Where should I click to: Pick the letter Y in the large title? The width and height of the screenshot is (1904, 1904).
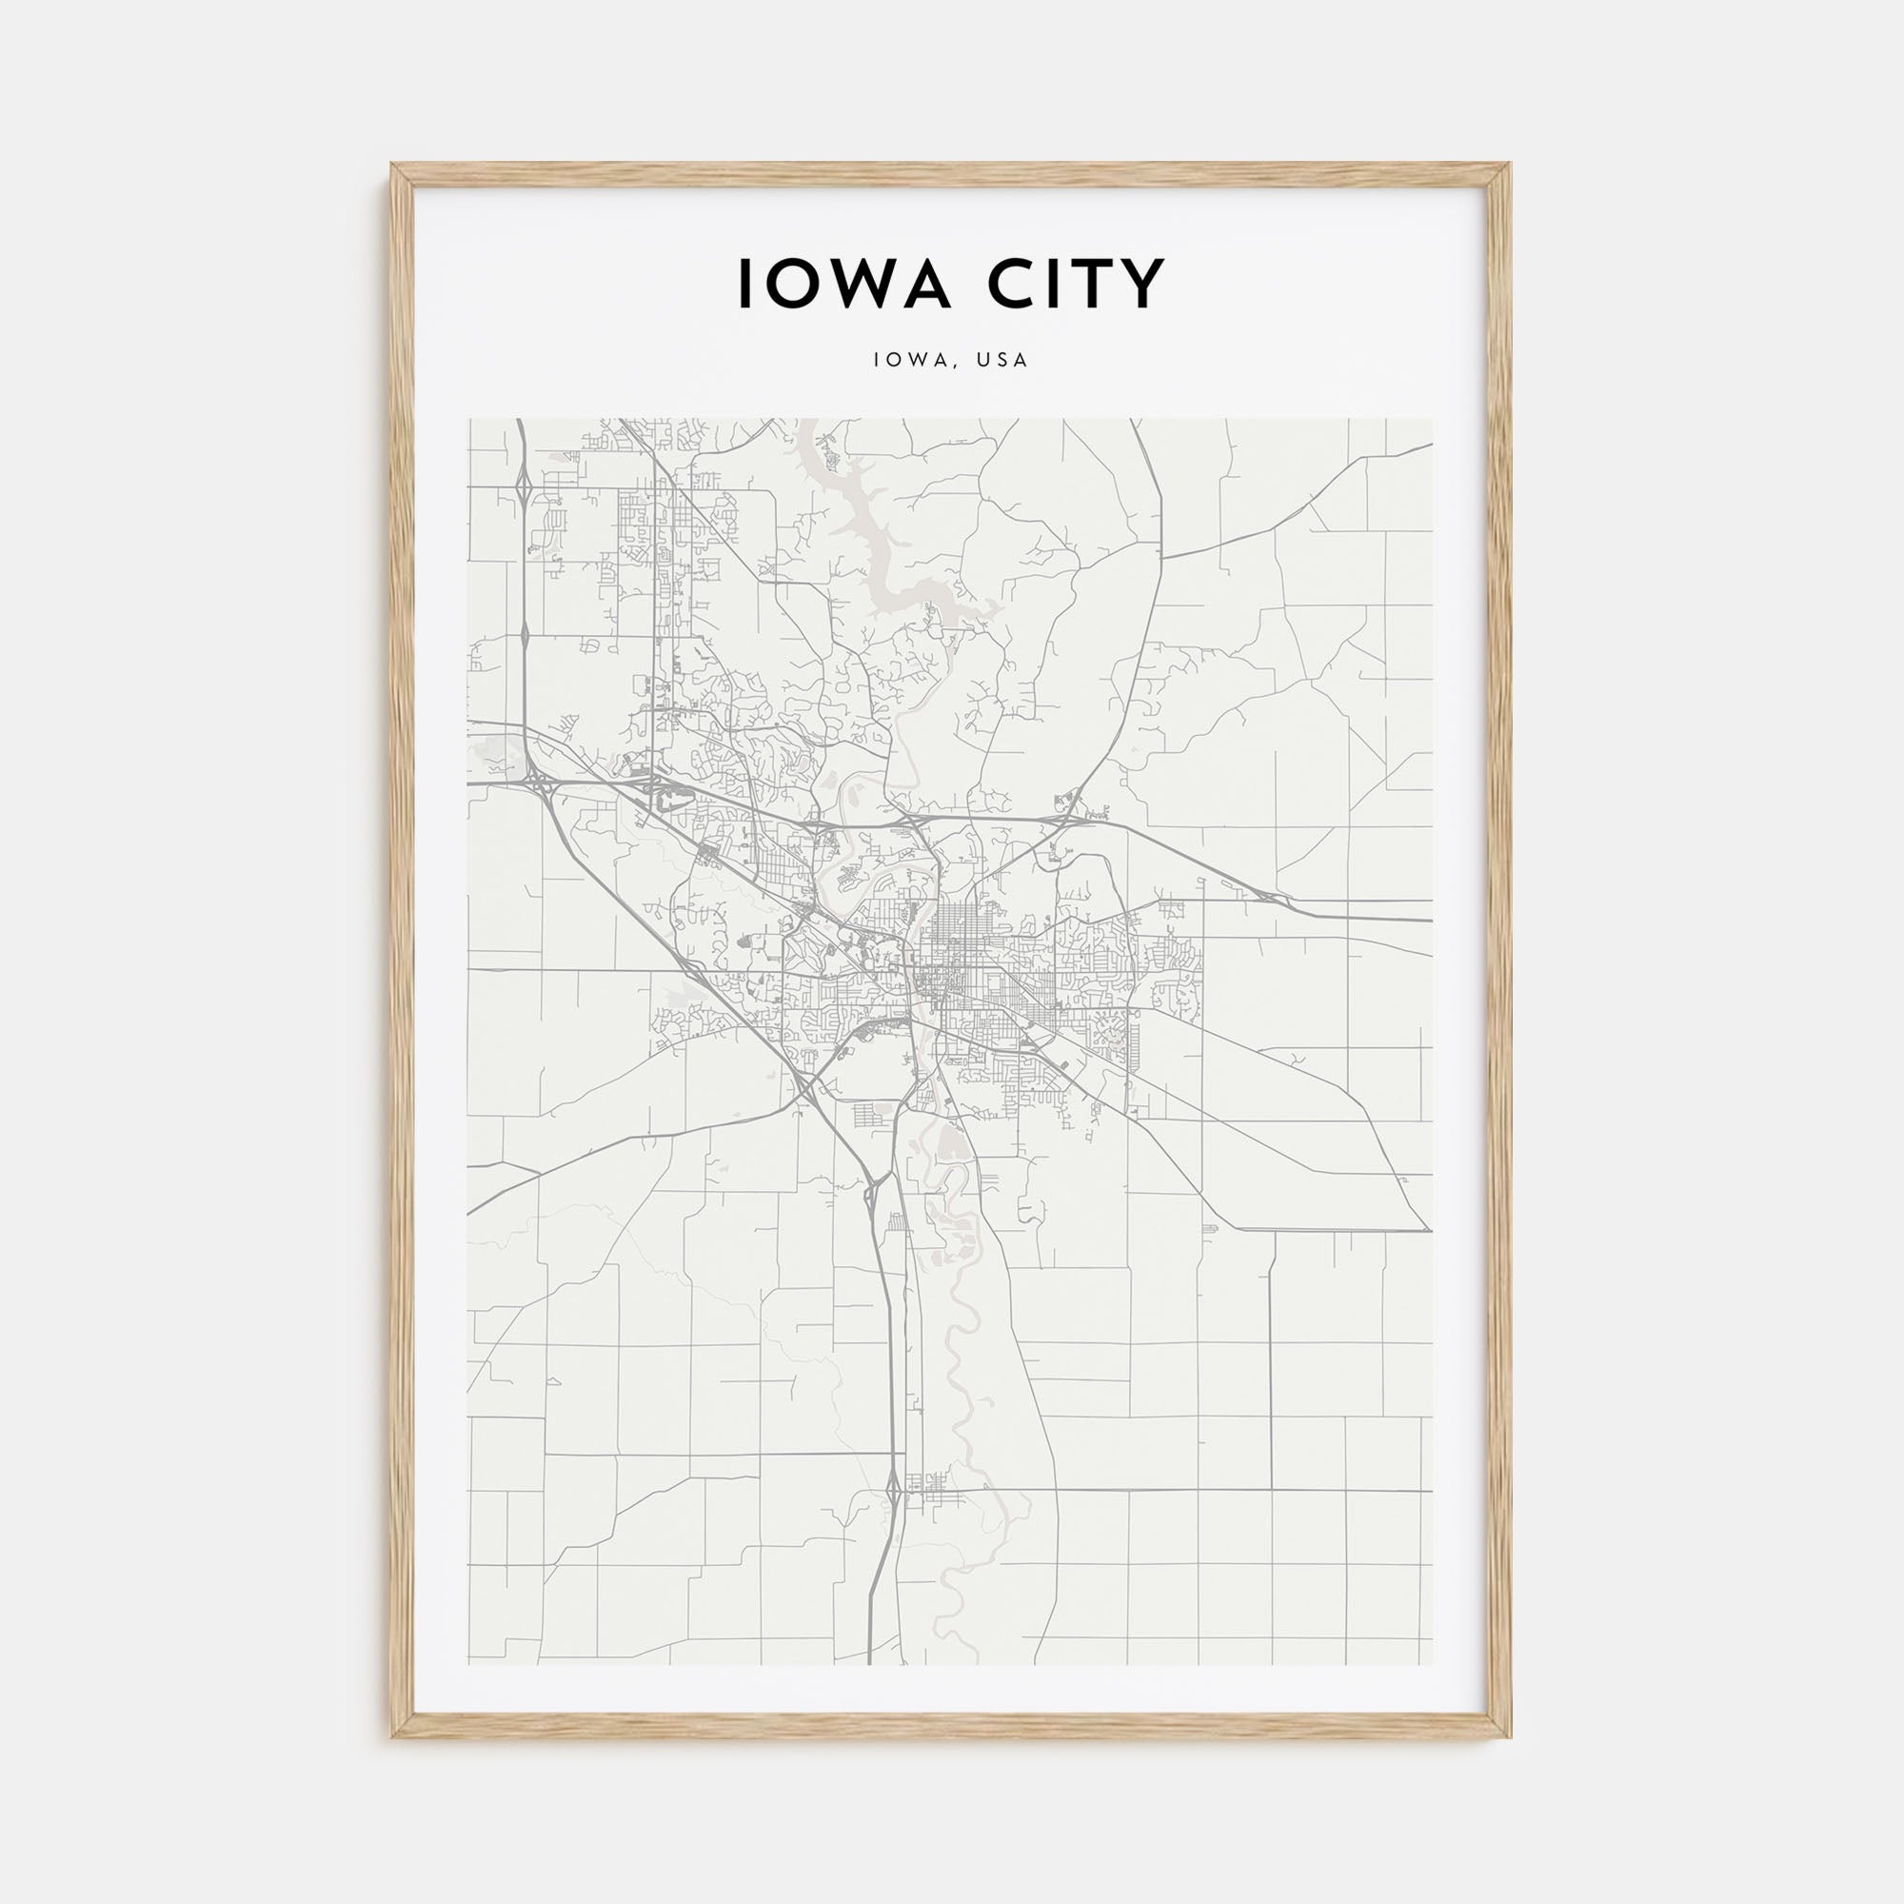(1144, 285)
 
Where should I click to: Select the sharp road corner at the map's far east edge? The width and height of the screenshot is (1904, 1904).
(1428, 1230)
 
